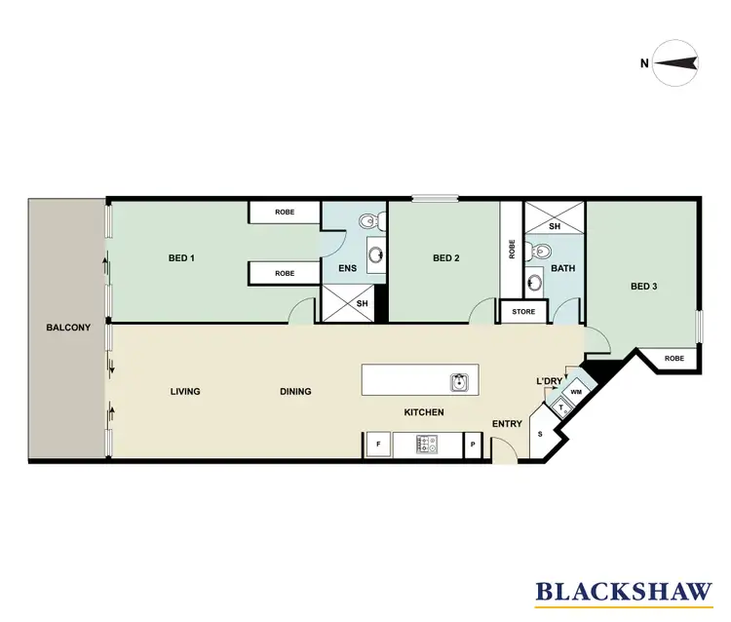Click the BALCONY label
[67, 328]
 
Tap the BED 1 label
[182, 258]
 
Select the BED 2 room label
[445, 258]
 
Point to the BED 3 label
[644, 286]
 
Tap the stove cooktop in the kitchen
[428, 445]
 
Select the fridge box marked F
[377, 445]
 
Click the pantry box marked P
[473, 445]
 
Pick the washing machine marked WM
[575, 392]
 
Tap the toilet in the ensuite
[367, 223]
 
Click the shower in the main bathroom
[555, 226]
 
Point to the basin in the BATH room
[534, 284]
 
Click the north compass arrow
[675, 63]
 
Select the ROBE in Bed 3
[673, 359]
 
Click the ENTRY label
[508, 423]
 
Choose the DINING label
[295, 392]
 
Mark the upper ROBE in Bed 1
[285, 212]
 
